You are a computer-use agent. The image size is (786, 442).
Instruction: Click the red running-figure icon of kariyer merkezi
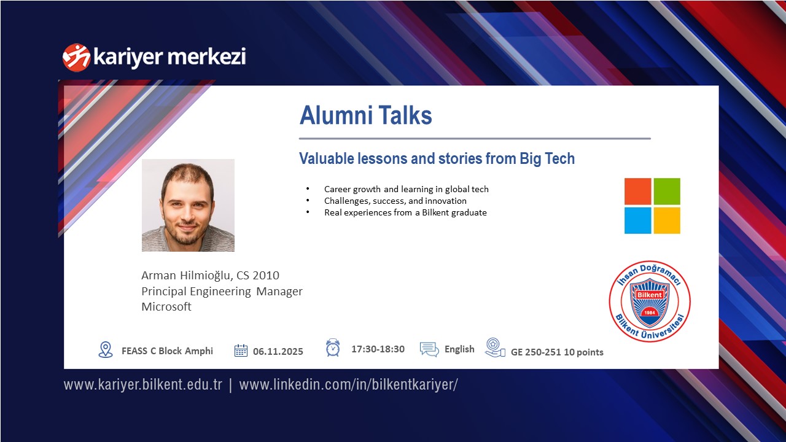[76, 58]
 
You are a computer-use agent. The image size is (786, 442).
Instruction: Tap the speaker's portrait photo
[188, 205]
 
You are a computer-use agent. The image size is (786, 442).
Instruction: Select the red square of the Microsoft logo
[637, 191]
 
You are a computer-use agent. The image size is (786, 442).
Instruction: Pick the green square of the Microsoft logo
[667, 191]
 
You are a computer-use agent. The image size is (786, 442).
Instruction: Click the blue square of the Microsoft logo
[637, 220]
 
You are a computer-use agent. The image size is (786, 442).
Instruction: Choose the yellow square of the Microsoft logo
[667, 220]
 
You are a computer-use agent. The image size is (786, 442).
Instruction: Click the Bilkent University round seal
[650, 301]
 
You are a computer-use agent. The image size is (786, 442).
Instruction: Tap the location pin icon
[106, 350]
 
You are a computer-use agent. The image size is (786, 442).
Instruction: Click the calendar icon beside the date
[241, 351]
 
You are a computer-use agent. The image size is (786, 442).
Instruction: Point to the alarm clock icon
[333, 347]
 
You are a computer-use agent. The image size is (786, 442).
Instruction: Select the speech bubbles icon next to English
[429, 349]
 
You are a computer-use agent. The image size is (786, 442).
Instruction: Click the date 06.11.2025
[278, 352]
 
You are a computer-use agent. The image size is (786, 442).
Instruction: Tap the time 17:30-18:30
[378, 349]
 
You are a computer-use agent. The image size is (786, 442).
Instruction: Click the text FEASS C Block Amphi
[168, 351]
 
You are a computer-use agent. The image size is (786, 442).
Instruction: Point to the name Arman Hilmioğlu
[186, 276]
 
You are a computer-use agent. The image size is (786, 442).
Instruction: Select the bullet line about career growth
[406, 190]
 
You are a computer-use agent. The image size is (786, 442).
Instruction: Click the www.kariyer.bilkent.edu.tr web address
[143, 385]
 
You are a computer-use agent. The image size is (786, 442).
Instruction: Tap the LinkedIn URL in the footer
[348, 385]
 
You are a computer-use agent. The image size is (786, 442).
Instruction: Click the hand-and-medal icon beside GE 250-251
[495, 347]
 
